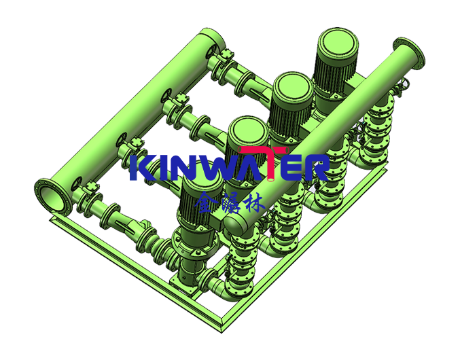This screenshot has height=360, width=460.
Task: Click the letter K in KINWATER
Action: tap(140, 168)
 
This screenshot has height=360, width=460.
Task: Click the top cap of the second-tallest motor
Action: tap(293, 86)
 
